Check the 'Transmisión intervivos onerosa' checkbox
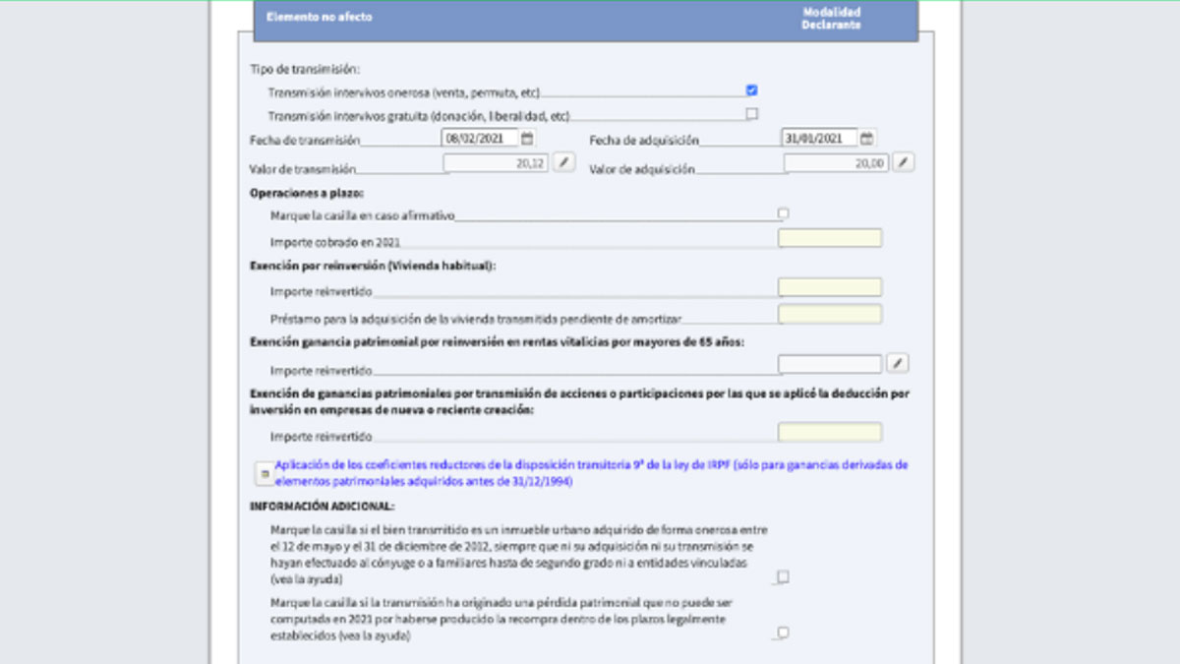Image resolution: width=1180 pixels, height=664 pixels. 752,91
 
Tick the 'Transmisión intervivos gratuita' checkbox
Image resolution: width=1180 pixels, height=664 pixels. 752,114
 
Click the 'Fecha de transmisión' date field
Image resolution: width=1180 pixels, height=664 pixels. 479,139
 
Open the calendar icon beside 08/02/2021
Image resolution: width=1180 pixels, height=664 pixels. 527,139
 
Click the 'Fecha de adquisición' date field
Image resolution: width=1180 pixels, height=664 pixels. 819,139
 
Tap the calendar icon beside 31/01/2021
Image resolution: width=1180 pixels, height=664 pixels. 867,139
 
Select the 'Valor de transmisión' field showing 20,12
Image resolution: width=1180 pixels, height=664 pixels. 497,163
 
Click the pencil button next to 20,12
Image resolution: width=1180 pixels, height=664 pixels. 562,163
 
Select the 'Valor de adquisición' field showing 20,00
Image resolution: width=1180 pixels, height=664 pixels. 837,163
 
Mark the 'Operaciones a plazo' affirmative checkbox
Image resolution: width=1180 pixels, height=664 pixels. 783,213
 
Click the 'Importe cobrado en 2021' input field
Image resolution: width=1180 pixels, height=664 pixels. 829,238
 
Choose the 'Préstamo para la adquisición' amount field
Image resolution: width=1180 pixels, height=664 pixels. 829,314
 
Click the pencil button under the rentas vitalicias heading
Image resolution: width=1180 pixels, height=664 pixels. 897,364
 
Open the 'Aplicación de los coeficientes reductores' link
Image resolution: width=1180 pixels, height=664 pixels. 591,473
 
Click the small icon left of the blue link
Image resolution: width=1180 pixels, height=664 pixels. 264,474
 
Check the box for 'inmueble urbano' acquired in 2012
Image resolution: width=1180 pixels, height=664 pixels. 783,577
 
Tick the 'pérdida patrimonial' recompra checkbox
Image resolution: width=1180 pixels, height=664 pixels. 783,633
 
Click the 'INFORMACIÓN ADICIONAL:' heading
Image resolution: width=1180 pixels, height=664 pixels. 322,507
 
